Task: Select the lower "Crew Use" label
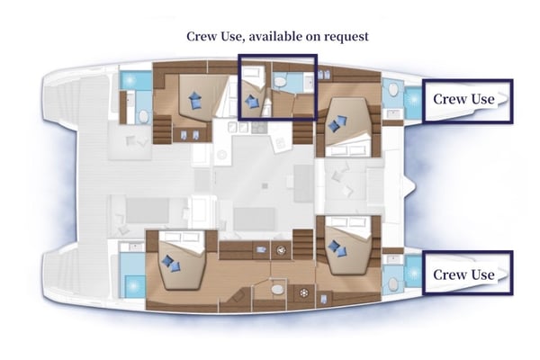coord(463,274)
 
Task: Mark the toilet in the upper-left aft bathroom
coord(141,115)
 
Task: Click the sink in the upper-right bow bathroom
coord(391,90)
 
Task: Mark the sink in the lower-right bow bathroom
coord(391,281)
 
